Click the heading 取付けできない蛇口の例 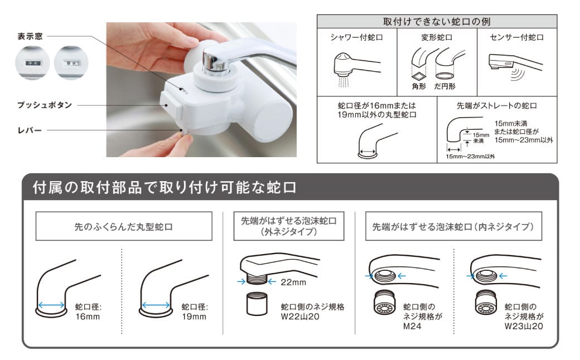click(437, 22)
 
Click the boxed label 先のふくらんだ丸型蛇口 click(124, 227)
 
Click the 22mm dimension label click(293, 282)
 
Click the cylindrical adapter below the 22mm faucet click(254, 306)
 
